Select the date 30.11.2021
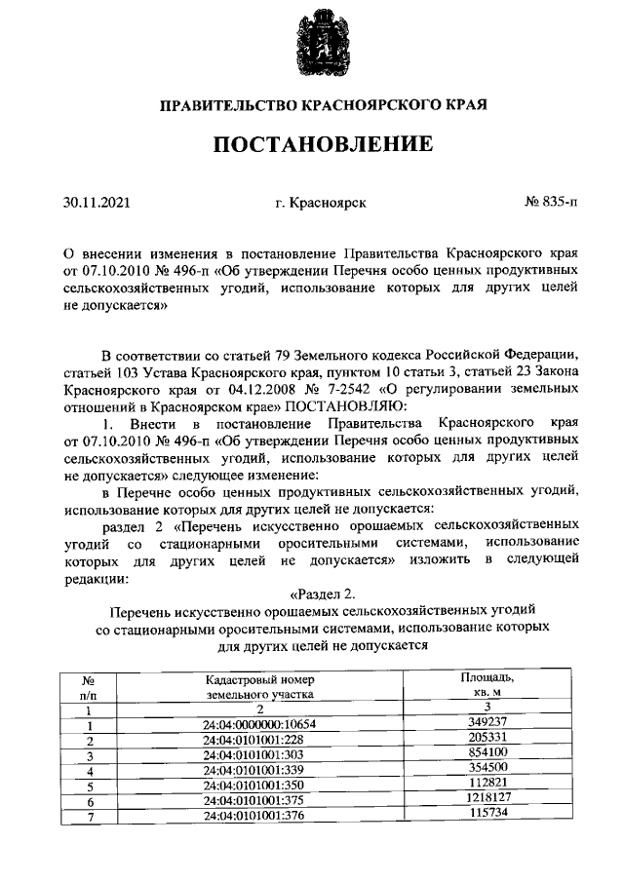97,204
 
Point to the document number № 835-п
550,204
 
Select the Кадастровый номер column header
260,686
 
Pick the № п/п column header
89,686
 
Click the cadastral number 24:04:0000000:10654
260,724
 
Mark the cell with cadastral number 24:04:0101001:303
260,754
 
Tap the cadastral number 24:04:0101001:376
260,814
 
